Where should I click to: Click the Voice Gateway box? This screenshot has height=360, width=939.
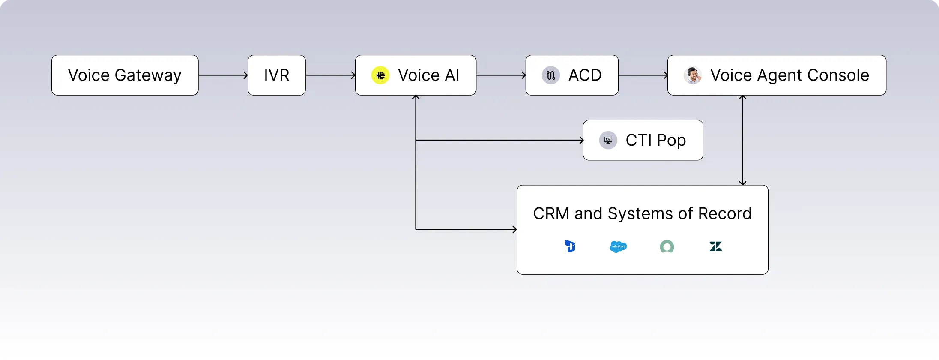pos(125,75)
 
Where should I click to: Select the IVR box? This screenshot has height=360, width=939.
pos(276,75)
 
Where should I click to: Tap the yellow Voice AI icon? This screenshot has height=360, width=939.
pos(380,75)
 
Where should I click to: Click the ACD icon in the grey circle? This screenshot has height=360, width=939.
pos(551,75)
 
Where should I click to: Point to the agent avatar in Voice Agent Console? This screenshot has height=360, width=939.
pos(692,75)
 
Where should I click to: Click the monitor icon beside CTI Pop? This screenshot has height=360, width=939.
pos(608,140)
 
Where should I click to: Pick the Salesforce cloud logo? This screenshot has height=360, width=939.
pos(618,246)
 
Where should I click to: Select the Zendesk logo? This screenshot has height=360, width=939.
pos(715,246)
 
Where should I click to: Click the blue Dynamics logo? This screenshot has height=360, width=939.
pos(570,246)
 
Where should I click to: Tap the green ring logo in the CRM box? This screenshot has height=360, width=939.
pos(667,246)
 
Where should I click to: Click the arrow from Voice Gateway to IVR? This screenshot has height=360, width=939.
pos(223,75)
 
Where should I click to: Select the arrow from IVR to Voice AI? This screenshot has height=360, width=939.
pos(330,75)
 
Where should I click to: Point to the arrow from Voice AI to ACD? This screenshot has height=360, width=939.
pos(501,75)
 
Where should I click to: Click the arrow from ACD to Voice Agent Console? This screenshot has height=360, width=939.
pos(643,75)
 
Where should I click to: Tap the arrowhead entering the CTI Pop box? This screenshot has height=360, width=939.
pos(581,140)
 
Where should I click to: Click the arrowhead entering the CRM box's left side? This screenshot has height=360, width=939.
pos(514,229)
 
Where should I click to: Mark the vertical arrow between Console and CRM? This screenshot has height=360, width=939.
pos(742,140)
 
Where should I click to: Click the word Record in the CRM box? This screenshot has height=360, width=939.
pos(725,213)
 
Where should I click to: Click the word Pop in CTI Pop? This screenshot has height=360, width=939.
pos(671,141)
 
